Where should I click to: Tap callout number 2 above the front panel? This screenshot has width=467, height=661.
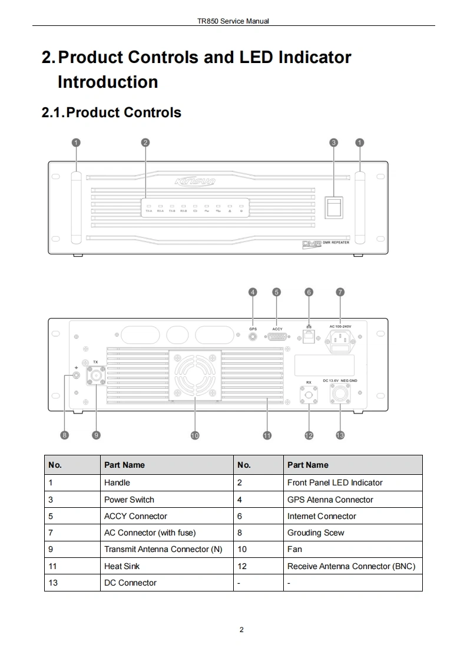click(x=145, y=142)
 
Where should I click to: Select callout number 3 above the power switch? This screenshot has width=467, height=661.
click(x=334, y=142)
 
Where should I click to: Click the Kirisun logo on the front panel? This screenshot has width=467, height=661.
click(x=195, y=181)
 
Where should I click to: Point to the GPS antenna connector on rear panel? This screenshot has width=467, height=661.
click(x=253, y=336)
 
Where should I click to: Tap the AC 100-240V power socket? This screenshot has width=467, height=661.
click(x=340, y=339)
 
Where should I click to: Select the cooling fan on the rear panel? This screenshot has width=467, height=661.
click(x=195, y=375)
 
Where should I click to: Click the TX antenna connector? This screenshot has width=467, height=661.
click(x=95, y=375)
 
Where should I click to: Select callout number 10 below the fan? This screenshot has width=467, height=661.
click(x=195, y=435)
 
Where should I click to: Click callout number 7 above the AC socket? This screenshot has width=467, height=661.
click(x=340, y=292)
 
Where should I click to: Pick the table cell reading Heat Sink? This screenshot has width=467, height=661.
click(x=122, y=566)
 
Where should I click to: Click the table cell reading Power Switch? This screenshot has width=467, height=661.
click(x=129, y=500)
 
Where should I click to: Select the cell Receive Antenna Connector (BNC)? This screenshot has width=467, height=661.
click(x=351, y=566)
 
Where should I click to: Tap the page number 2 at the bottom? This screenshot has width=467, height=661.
click(x=241, y=630)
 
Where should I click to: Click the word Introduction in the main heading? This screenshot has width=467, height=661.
click(x=108, y=82)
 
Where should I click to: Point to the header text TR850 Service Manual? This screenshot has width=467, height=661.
click(x=233, y=21)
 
